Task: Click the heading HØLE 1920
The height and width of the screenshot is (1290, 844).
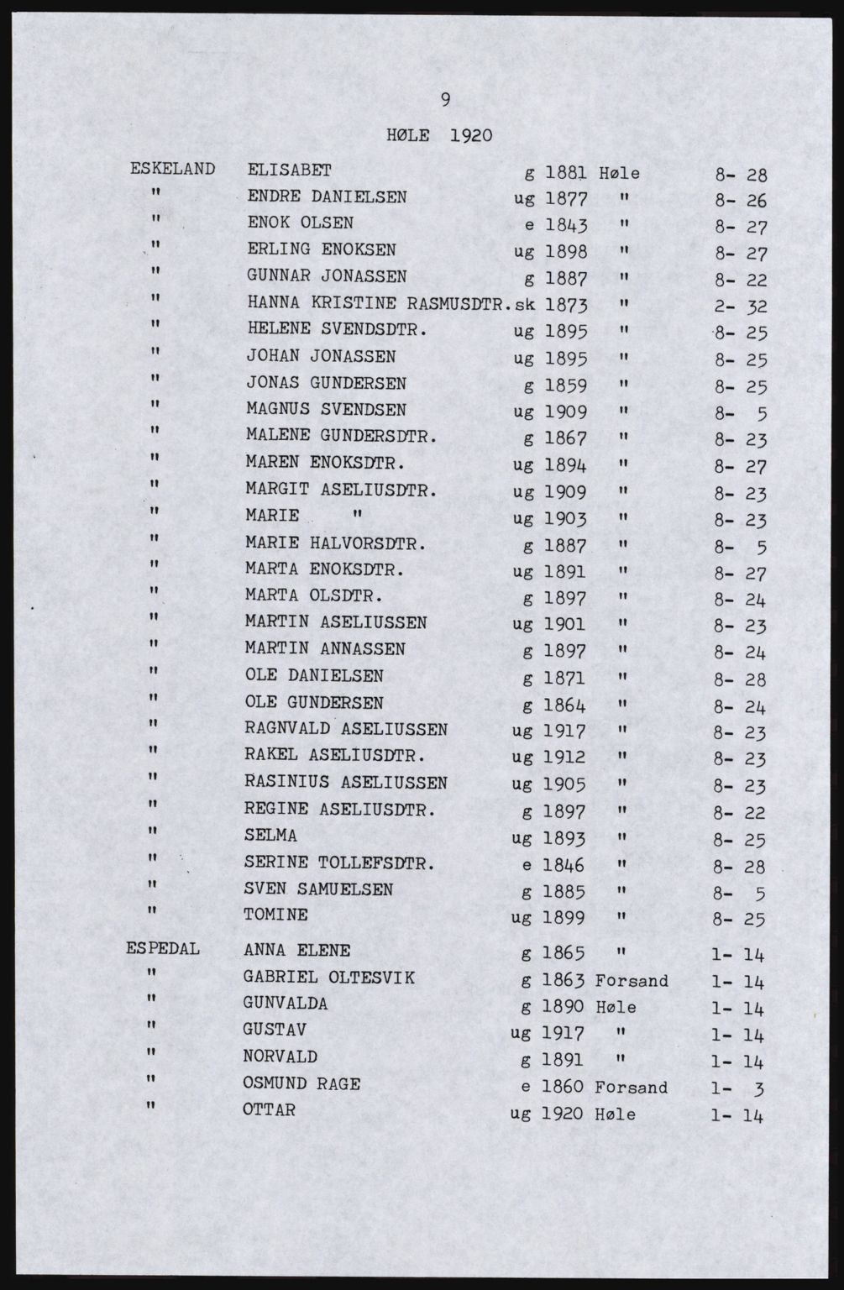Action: point(439,135)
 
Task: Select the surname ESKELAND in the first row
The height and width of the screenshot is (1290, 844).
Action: point(173,168)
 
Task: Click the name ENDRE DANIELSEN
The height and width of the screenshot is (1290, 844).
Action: point(327,197)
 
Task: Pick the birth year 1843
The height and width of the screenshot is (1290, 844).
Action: point(565,226)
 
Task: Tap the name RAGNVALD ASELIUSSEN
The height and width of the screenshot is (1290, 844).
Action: point(345,729)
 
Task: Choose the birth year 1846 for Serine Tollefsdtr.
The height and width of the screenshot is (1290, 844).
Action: point(564,864)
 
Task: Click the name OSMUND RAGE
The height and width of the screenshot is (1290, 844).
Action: point(301,1083)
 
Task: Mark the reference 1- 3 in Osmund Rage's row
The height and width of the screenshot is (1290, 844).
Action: point(738,1089)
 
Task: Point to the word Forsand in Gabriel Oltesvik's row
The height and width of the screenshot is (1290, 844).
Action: point(632,980)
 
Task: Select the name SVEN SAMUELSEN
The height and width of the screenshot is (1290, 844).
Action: point(319,889)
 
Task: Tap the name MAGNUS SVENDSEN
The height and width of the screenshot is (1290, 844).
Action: point(326,410)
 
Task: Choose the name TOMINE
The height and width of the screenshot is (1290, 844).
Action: point(276,915)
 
